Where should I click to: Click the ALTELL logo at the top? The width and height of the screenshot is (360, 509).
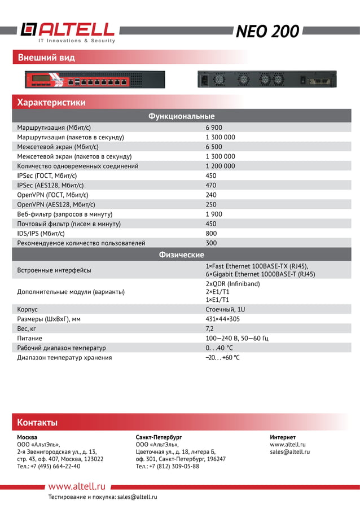pos(68,32)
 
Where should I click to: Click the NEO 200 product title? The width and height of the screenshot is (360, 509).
pos(267,32)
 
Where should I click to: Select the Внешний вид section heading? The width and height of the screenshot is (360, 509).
pos(46,58)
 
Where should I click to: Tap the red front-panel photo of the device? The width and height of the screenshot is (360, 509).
pos(95,80)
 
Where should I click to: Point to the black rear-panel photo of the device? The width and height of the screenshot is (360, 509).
pos(266,79)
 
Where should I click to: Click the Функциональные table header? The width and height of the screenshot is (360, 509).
pos(181,116)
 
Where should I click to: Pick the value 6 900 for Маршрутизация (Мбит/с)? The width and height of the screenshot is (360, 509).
pos(214,128)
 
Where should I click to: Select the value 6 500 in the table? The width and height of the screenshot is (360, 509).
pos(214,147)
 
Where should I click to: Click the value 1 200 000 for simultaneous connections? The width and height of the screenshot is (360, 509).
pos(220,166)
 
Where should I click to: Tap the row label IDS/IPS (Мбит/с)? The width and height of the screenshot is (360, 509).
pos(41,233)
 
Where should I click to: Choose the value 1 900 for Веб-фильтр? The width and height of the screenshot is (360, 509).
pos(214,214)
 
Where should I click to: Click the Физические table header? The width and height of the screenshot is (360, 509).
pos(181,254)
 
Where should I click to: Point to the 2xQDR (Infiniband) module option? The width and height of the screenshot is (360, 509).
pos(232,284)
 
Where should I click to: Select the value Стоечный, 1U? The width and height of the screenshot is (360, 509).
pos(225,309)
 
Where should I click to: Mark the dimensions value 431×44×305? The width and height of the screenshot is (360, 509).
pos(222,319)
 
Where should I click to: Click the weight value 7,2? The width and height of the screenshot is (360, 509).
pos(209,328)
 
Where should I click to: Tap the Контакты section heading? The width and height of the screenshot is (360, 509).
pos(37,422)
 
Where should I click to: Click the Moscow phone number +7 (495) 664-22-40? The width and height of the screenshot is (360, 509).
pos(49,466)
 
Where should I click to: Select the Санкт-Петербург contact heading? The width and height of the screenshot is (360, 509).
pos(159,437)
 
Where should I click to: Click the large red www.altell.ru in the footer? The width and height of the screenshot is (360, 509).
pos(77,486)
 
